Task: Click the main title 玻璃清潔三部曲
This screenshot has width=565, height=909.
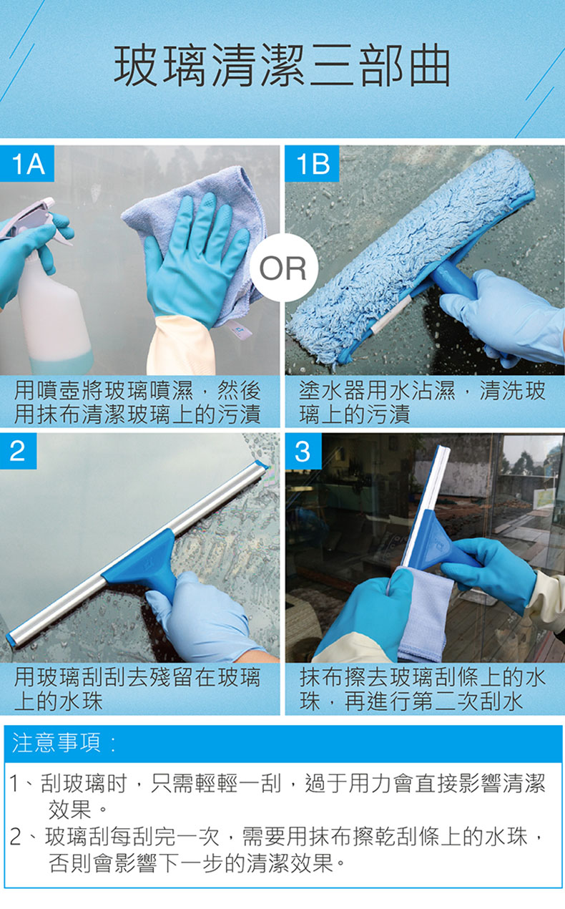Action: [282, 66]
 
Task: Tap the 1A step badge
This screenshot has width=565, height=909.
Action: [26, 163]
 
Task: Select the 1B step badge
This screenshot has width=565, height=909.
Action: [312, 163]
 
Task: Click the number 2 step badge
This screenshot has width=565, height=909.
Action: [19, 451]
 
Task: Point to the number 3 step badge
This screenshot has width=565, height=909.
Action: [303, 451]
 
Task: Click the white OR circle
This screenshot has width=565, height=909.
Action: [282, 268]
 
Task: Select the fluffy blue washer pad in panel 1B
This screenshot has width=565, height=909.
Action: [410, 256]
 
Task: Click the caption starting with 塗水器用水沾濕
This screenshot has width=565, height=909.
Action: [422, 402]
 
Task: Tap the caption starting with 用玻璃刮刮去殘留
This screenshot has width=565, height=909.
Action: [137, 689]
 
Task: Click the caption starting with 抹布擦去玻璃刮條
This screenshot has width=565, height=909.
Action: [423, 689]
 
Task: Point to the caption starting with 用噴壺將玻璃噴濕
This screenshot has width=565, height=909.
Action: [137, 402]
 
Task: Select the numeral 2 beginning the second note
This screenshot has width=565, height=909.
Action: [16, 837]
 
